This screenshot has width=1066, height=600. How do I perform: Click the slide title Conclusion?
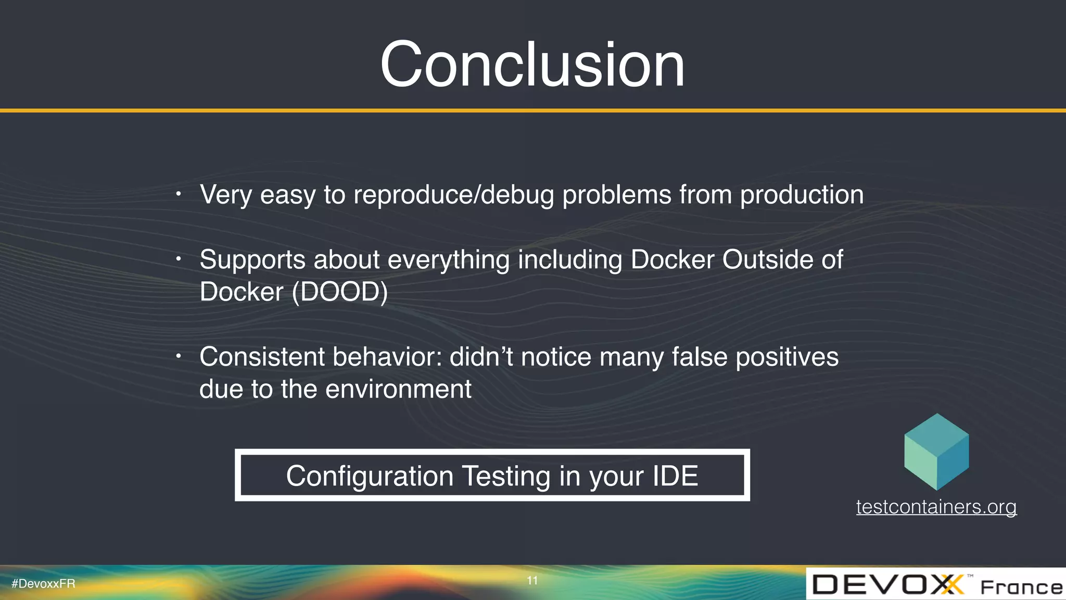click(532, 65)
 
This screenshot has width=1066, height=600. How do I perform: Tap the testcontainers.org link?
click(936, 507)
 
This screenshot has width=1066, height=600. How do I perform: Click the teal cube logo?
click(936, 452)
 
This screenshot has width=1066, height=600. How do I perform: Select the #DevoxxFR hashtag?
click(43, 584)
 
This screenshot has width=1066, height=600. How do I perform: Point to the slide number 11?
click(532, 581)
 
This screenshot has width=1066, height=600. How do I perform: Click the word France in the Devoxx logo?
click(1021, 587)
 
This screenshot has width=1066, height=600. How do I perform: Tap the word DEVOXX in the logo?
click(888, 584)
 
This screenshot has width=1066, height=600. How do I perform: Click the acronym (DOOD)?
click(340, 292)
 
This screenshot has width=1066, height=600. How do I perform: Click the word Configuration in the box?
click(370, 476)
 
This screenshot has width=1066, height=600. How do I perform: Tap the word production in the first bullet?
click(802, 195)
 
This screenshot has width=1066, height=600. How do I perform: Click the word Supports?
click(252, 260)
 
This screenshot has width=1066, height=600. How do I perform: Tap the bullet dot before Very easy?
click(178, 194)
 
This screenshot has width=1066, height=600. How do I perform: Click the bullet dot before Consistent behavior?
click(178, 357)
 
